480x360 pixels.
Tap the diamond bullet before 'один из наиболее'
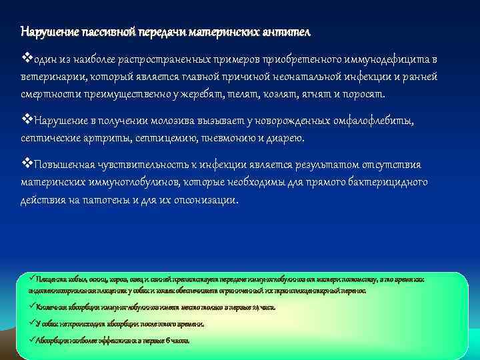coord(26,59)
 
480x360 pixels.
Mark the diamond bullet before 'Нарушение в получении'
coord(26,121)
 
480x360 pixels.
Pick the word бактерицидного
coord(387,182)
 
